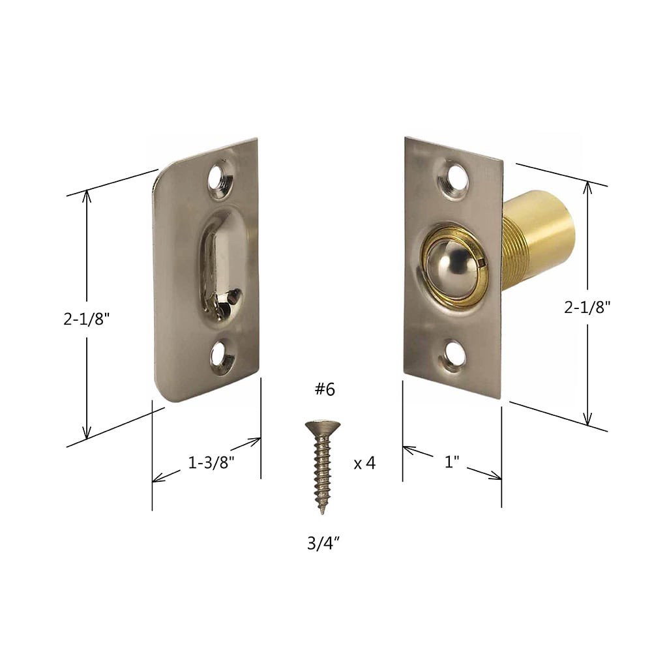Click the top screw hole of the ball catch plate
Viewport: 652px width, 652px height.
click(454, 179)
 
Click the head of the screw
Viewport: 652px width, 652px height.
click(322, 427)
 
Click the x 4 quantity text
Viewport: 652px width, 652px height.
click(364, 464)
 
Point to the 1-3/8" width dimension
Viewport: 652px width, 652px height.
click(211, 463)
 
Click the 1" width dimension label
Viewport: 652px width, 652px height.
click(452, 462)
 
